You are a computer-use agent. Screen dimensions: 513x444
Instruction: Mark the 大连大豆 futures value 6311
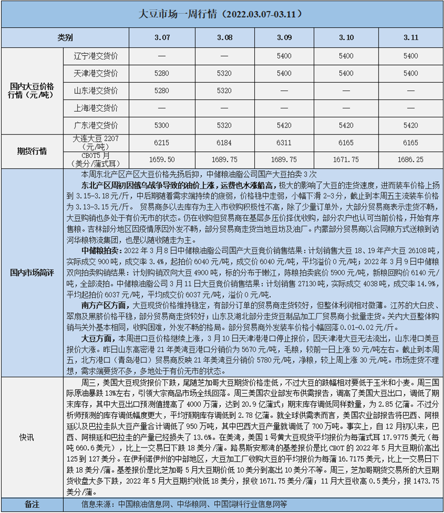tap(283, 143)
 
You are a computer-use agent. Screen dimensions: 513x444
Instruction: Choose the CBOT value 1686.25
tap(411, 159)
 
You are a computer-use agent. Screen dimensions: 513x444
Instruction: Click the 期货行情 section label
tap(32, 151)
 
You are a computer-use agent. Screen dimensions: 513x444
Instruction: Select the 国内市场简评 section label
tap(32, 273)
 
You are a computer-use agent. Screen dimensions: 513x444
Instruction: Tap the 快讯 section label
tap(32, 436)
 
